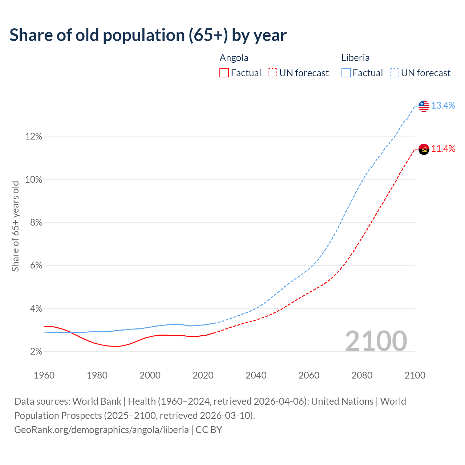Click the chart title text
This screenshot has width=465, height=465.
tap(148, 35)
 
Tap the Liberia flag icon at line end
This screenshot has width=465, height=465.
tap(424, 106)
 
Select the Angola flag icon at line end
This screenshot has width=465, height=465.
tap(424, 149)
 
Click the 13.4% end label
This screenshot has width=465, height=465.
tap(443, 106)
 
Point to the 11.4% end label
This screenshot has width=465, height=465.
tap(443, 149)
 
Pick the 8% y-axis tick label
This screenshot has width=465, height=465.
tap(36, 223)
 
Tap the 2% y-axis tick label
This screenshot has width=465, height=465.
tap(36, 352)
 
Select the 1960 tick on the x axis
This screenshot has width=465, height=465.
tap(44, 375)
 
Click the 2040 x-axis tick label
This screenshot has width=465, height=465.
tap(256, 375)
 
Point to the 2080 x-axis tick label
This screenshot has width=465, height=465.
tap(362, 375)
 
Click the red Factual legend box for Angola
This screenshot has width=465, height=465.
tap(224, 73)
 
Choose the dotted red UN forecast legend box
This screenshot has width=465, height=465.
tap(272, 73)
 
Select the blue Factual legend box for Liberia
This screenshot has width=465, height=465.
tap(346, 73)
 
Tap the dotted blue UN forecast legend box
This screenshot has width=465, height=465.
tap(394, 73)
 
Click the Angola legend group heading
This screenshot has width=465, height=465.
tap(234, 58)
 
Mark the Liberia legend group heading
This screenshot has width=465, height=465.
tap(355, 58)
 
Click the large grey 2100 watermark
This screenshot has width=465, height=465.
tap(376, 341)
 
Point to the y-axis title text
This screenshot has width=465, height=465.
tap(15, 226)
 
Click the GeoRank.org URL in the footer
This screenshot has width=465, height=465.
tap(101, 430)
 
